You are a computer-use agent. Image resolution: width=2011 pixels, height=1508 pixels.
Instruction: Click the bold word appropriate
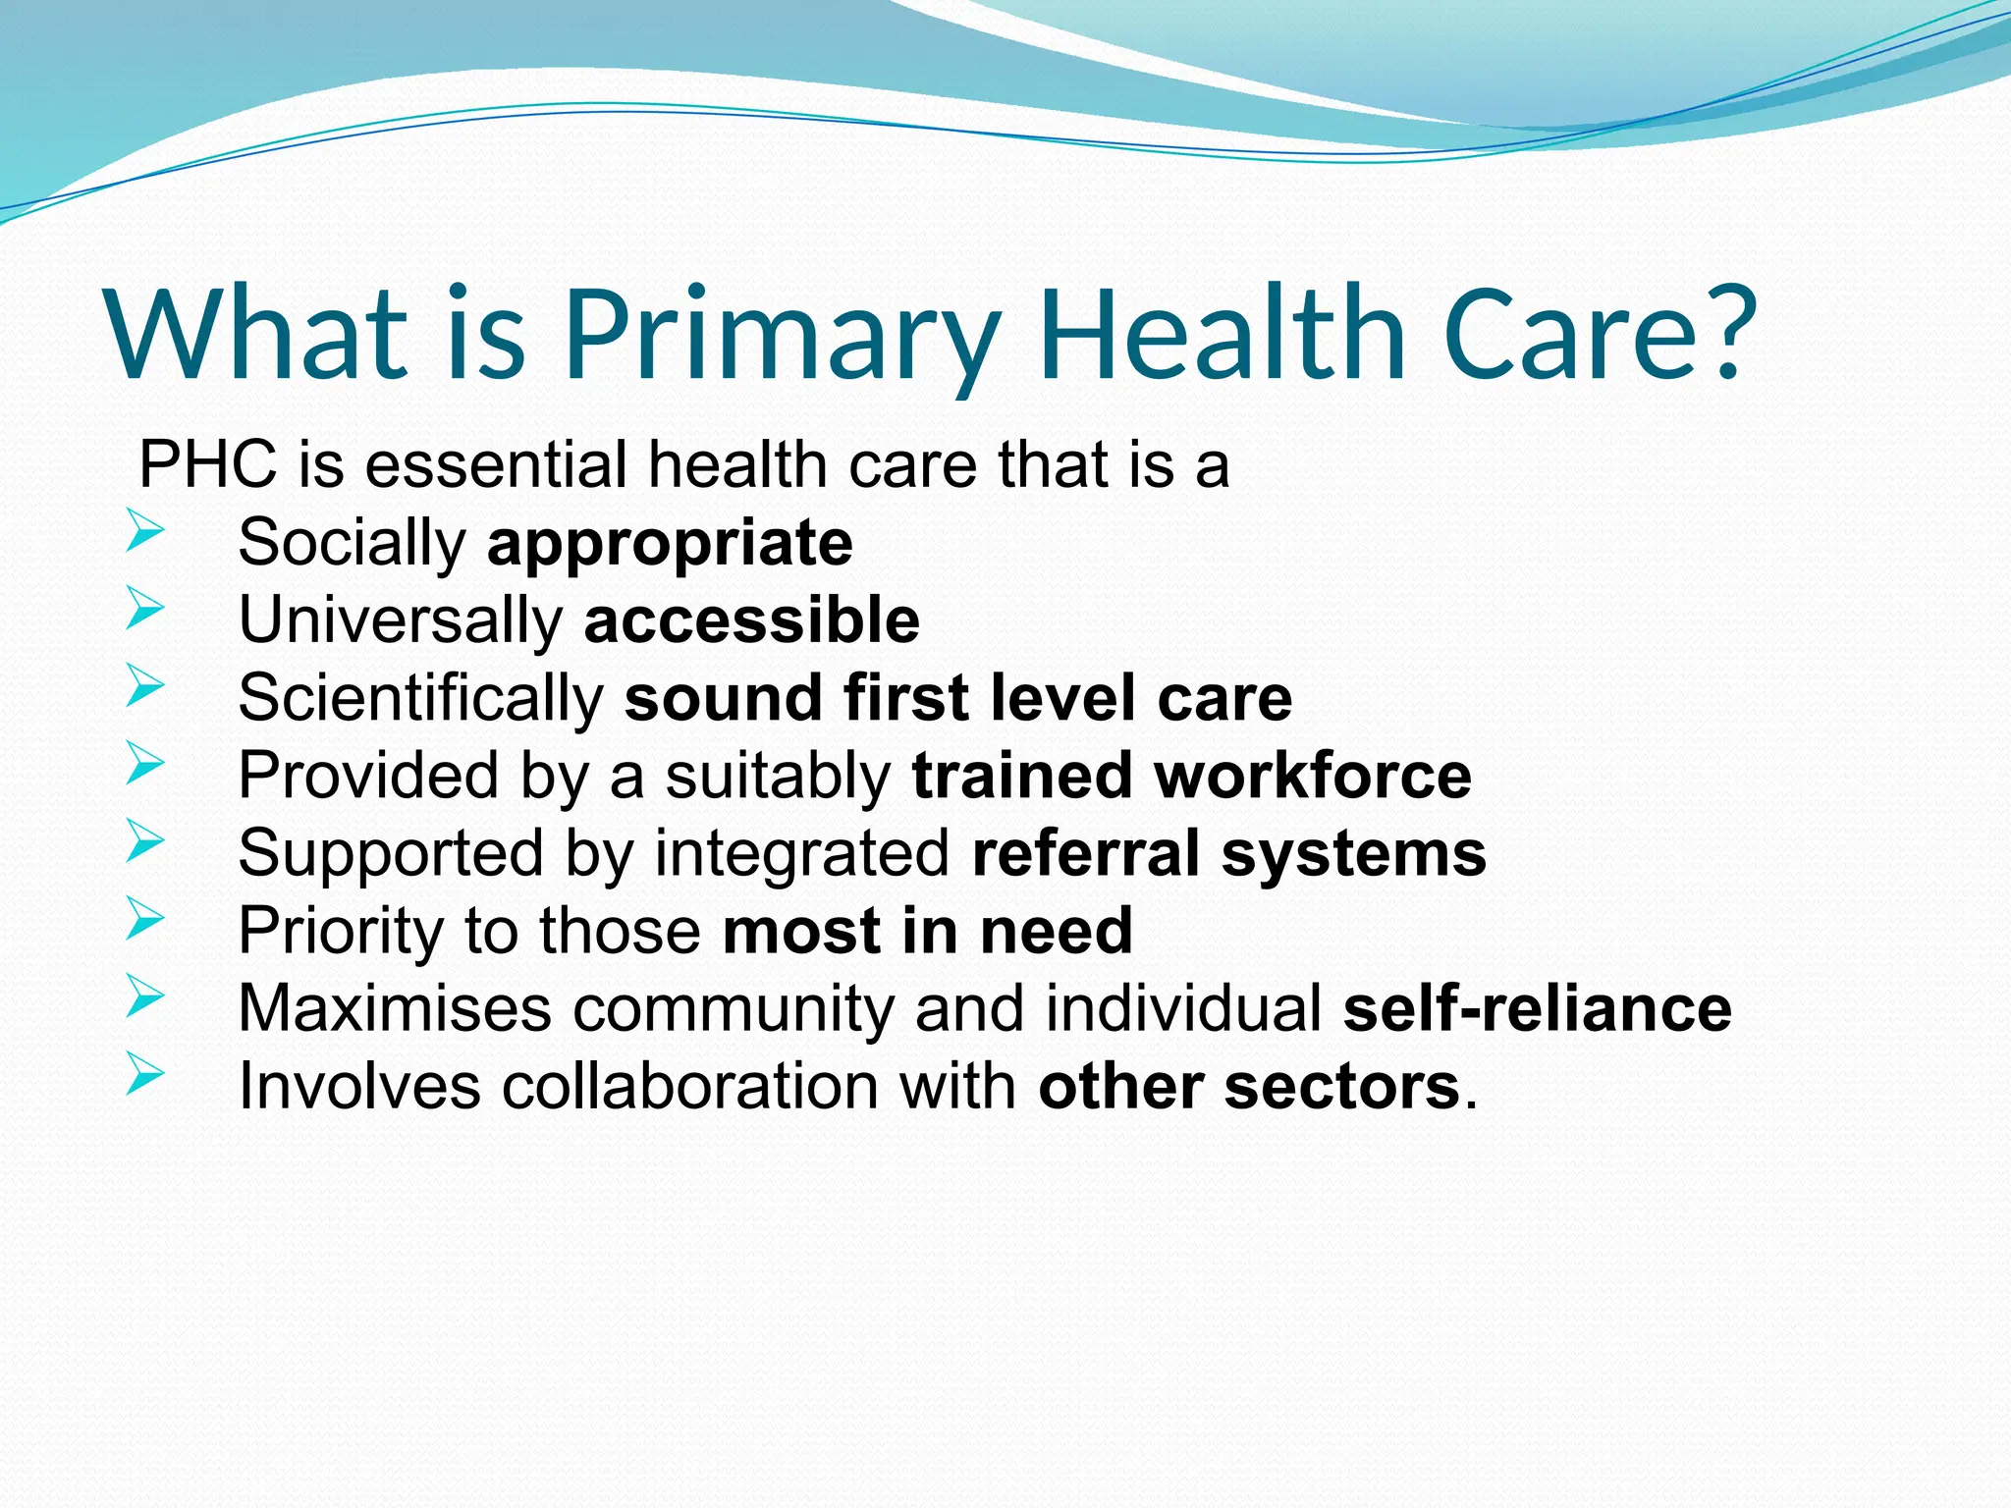[x=670, y=543]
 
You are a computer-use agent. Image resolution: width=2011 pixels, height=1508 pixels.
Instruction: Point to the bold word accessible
[x=751, y=620]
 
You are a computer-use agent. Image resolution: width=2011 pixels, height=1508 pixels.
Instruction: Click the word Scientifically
[x=420, y=698]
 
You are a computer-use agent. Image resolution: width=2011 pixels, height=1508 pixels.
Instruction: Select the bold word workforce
[x=1313, y=776]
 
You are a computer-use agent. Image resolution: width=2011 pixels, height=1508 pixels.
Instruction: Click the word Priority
[x=341, y=931]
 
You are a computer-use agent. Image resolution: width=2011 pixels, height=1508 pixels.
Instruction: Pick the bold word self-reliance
[x=1537, y=1008]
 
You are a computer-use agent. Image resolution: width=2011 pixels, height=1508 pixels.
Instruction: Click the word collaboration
[x=689, y=1086]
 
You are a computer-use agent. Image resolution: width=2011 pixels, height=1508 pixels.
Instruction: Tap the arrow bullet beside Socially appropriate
[x=145, y=535]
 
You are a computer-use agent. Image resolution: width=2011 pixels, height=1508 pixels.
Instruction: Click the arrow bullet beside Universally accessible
[x=145, y=611]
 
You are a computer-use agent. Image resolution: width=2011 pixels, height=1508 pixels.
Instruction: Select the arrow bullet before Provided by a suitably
[x=145, y=765]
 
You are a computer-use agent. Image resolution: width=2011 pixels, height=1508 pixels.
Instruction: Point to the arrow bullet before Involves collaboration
[x=145, y=1075]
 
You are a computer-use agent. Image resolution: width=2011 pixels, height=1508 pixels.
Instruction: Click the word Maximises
[x=395, y=1008]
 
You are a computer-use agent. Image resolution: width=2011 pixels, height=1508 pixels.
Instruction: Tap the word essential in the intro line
[x=496, y=464]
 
